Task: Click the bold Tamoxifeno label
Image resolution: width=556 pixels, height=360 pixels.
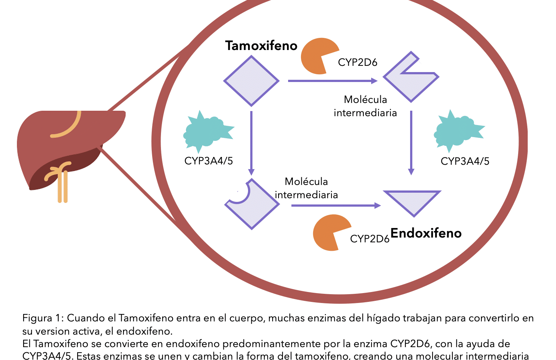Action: (x=261, y=46)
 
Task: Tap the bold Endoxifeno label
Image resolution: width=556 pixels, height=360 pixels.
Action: (x=426, y=233)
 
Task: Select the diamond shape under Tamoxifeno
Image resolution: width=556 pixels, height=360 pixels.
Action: (x=251, y=81)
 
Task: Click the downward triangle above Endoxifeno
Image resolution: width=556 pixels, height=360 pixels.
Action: (x=412, y=200)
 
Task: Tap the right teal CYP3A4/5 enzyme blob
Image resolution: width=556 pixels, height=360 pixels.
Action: (x=457, y=131)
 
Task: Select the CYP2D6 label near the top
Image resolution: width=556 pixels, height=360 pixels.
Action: (x=358, y=63)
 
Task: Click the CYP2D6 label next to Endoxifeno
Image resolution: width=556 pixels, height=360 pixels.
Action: (x=370, y=239)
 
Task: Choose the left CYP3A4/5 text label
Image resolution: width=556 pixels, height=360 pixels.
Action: (x=209, y=161)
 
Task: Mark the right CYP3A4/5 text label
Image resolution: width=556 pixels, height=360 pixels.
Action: (x=465, y=161)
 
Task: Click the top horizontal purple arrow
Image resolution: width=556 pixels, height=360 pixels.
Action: (x=332, y=81)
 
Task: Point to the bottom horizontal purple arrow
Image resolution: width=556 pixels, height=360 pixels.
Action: (x=336, y=206)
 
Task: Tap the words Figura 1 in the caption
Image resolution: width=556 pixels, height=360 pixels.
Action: (x=41, y=318)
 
